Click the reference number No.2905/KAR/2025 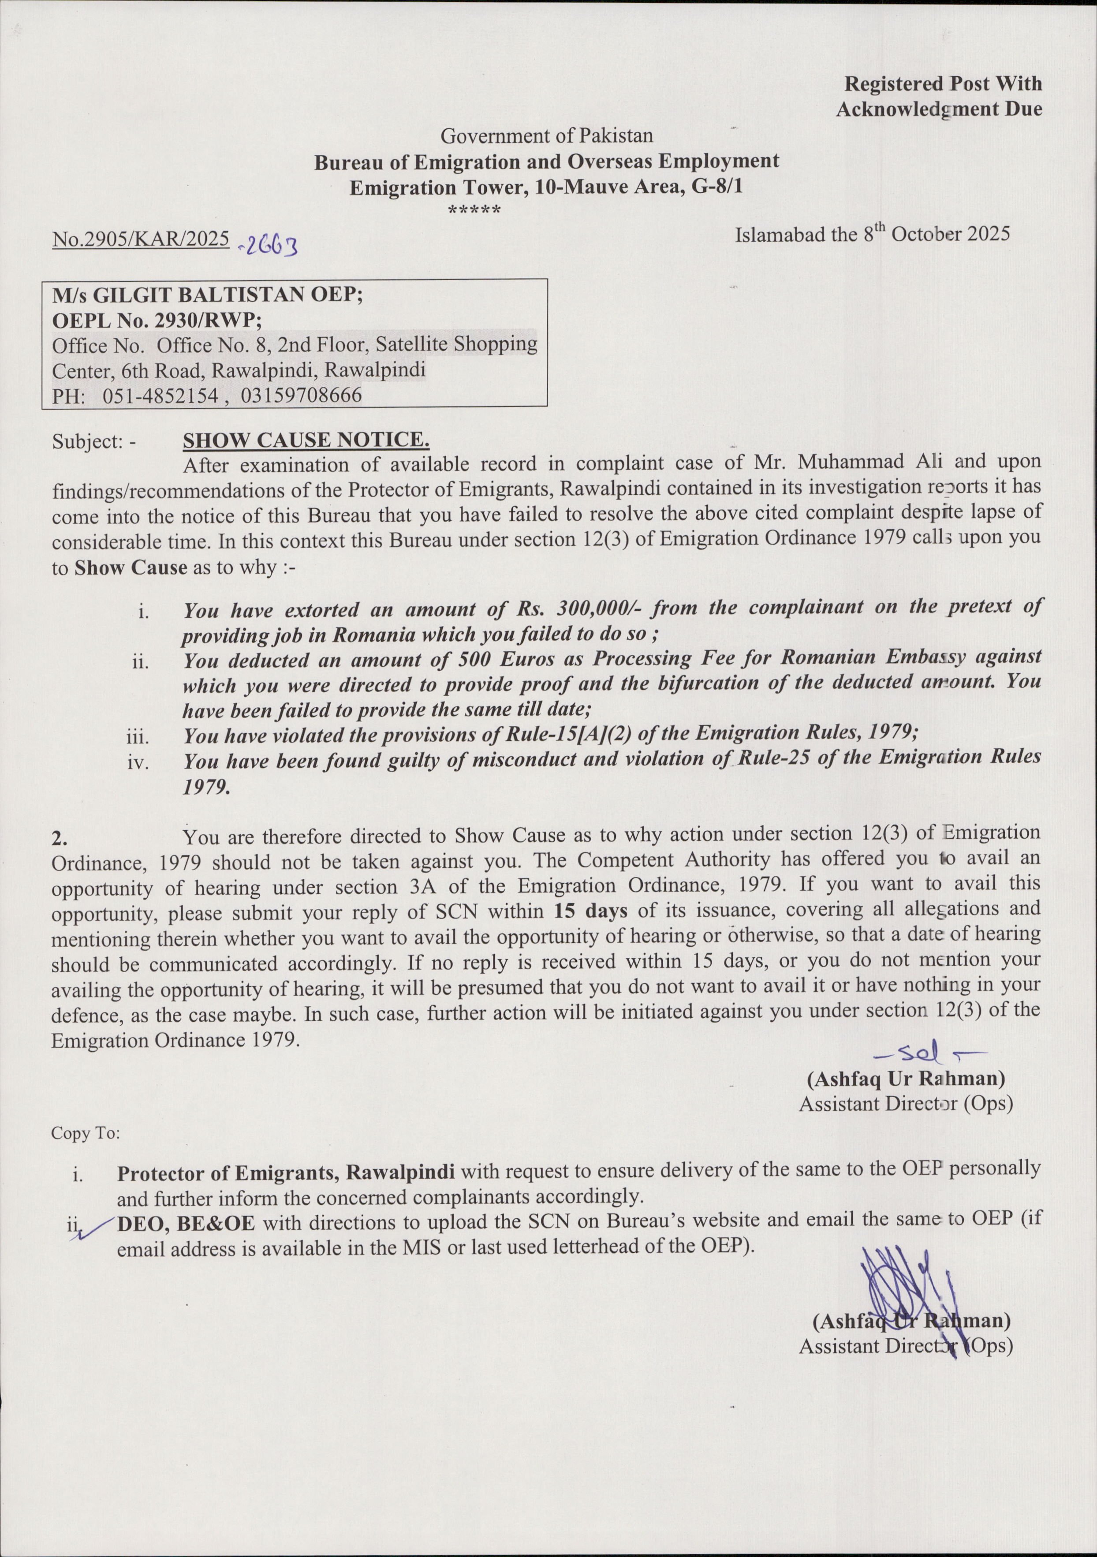pyautogui.click(x=140, y=239)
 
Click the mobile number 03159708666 pyautogui.click(x=301, y=396)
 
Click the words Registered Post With pyautogui.click(x=942, y=83)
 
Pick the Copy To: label pyautogui.click(x=86, y=1133)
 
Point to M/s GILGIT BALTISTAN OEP pyautogui.click(x=208, y=296)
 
